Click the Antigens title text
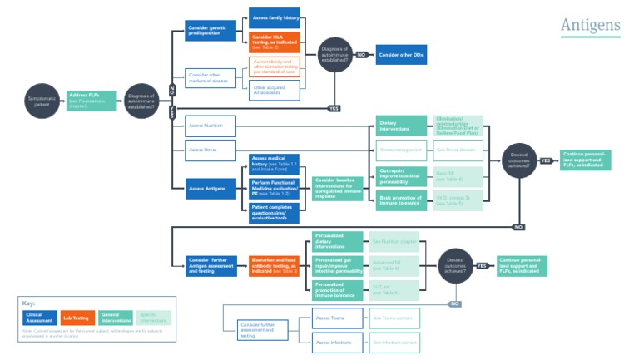(590, 26)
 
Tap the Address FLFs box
(91, 102)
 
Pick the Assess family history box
(275, 17)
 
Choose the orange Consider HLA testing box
(275, 42)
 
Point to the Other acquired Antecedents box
(275, 89)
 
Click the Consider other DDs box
(401, 55)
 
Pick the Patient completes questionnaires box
(275, 214)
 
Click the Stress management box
(401, 150)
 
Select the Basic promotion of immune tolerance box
(401, 200)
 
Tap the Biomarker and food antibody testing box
(275, 266)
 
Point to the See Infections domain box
(394, 342)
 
